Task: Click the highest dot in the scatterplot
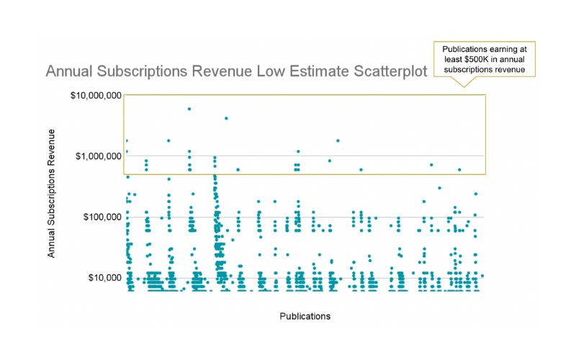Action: pyautogui.click(x=189, y=109)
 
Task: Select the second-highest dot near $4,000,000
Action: pyautogui.click(x=226, y=118)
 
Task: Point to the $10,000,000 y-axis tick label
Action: pyautogui.click(x=96, y=95)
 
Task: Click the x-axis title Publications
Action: pyautogui.click(x=305, y=316)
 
